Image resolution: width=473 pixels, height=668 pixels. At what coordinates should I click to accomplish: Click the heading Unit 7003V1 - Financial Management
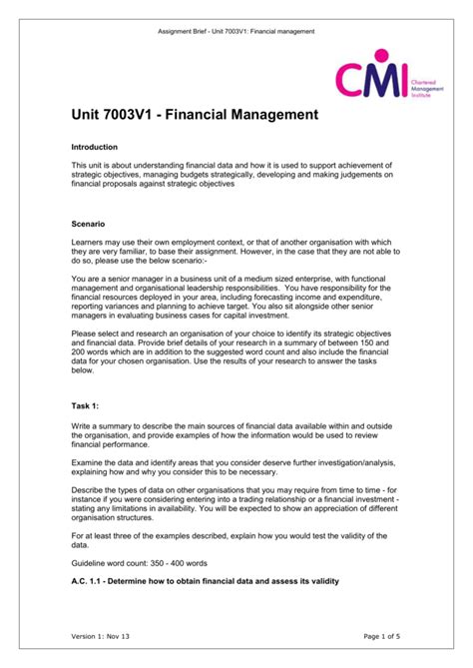pos(196,116)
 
